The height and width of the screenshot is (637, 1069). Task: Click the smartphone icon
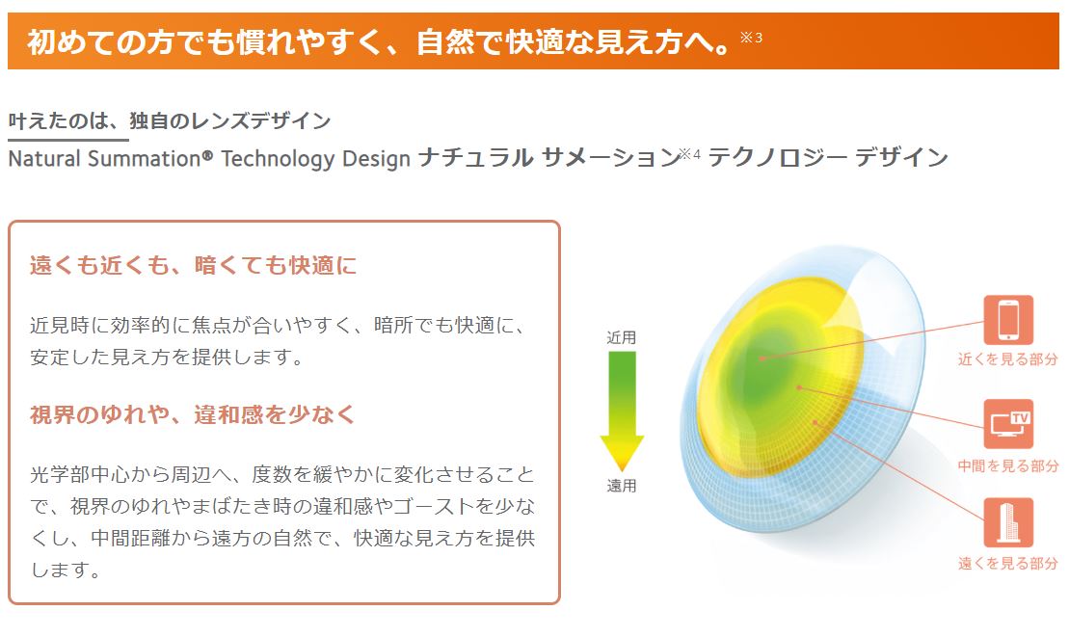(x=1008, y=320)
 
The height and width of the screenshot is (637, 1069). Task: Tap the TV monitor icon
(x=1008, y=424)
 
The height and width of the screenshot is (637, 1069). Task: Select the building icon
(x=1008, y=522)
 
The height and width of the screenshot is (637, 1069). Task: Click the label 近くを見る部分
(x=1007, y=359)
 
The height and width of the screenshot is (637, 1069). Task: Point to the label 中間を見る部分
(x=1007, y=465)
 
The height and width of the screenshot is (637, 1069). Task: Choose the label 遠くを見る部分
(x=1007, y=563)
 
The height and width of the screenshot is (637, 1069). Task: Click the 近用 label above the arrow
(x=621, y=337)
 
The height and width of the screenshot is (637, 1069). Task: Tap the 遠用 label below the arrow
(x=621, y=486)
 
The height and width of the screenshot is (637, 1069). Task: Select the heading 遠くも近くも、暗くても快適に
(x=193, y=265)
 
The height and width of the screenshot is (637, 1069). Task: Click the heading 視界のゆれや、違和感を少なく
(x=192, y=414)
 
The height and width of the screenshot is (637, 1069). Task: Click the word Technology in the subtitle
(x=278, y=160)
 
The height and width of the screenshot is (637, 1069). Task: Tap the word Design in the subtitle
(x=376, y=160)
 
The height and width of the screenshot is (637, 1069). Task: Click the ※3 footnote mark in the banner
(x=751, y=38)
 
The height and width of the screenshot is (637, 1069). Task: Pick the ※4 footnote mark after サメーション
(x=690, y=154)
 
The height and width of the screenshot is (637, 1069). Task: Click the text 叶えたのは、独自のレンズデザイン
(x=170, y=120)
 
